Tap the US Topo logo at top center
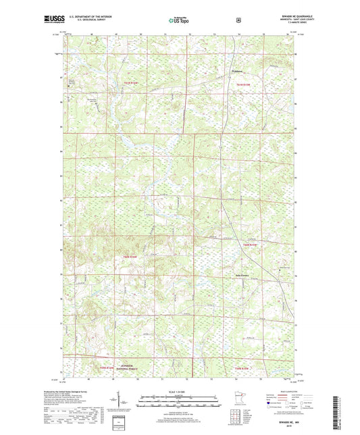pos(179,21)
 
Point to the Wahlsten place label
pos(232,70)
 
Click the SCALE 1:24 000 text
pos(179,392)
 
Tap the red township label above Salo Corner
pos(251,244)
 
